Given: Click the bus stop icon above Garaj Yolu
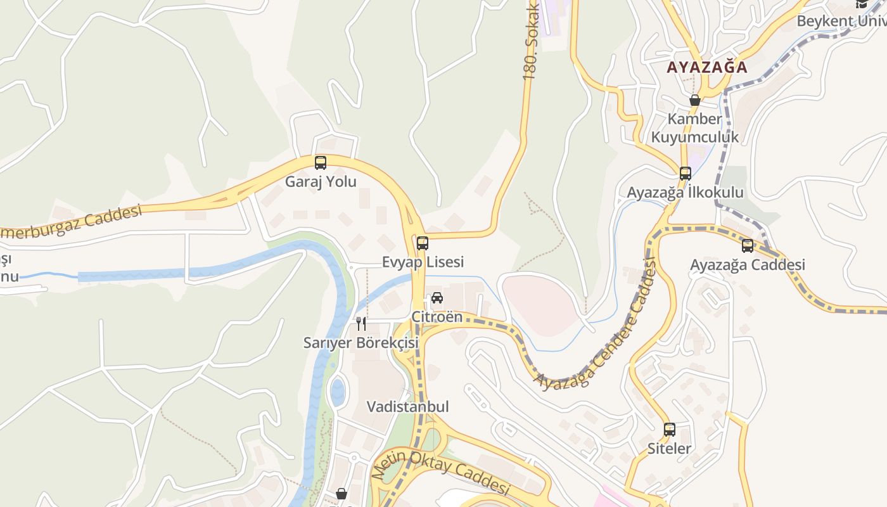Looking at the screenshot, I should pyautogui.click(x=321, y=163).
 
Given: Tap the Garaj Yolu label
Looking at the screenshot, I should pyautogui.click(x=321, y=182).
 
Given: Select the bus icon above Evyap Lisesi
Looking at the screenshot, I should pyautogui.click(x=423, y=243).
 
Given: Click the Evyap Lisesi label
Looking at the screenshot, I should pyautogui.click(x=423, y=262).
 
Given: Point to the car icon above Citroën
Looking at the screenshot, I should pyautogui.click(x=437, y=298).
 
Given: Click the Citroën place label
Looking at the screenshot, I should pyautogui.click(x=437, y=317).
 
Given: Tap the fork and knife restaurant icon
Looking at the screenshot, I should pyautogui.click(x=361, y=324).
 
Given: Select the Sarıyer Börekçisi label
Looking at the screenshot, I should pyautogui.click(x=361, y=343).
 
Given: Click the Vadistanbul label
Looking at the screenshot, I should pyautogui.click(x=408, y=407).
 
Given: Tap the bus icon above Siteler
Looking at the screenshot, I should pyautogui.click(x=670, y=430).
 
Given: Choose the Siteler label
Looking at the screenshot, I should pyautogui.click(x=670, y=449).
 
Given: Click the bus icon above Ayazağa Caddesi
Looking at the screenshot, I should pyautogui.click(x=748, y=246).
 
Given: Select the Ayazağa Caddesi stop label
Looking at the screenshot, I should pyautogui.click(x=748, y=265).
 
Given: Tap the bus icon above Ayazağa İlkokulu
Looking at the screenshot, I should pyautogui.click(x=685, y=174).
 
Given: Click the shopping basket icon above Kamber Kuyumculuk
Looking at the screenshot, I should pyautogui.click(x=695, y=100).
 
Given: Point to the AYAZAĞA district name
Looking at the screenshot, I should pyautogui.click(x=707, y=67).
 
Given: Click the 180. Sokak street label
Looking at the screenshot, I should pyautogui.click(x=530, y=41).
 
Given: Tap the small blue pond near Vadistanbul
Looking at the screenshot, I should pyautogui.click(x=338, y=392).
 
